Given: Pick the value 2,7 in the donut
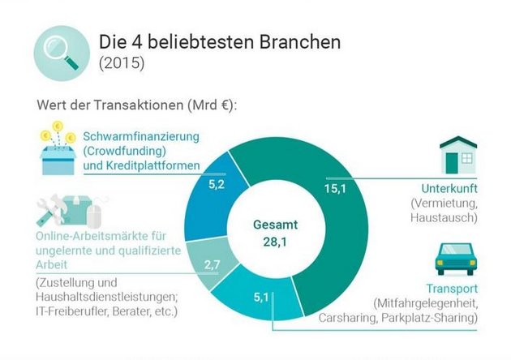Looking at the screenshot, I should pyautogui.click(x=212, y=264).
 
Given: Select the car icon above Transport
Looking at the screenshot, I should pyautogui.click(x=454, y=259).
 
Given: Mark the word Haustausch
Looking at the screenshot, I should pyautogui.click(x=443, y=217).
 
